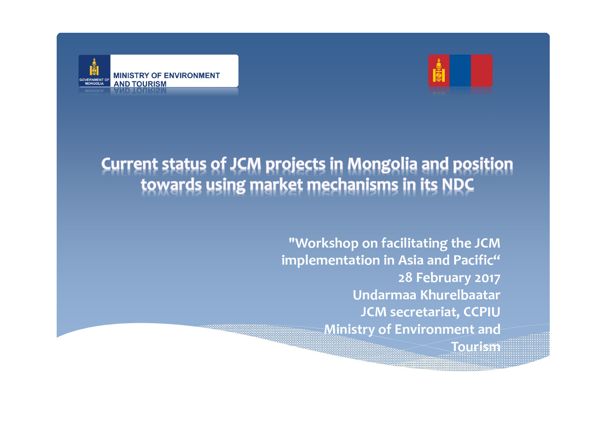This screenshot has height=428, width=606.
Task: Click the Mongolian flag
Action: [460, 70]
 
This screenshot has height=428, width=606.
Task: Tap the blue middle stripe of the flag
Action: [460, 70]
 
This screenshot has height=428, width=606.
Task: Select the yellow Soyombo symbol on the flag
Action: [438, 70]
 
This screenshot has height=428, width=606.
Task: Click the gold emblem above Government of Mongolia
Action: [94, 66]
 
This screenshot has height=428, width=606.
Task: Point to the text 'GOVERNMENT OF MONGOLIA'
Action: [94, 82]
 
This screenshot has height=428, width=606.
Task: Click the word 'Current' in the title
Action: [129, 164]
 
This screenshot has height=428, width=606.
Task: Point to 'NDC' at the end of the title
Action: [458, 184]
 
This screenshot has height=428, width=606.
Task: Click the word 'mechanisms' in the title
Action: [353, 184]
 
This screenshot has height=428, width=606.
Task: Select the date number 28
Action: [405, 278]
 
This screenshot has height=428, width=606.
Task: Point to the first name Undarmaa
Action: [385, 295]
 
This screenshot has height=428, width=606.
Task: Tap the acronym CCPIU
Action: [482, 312]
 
